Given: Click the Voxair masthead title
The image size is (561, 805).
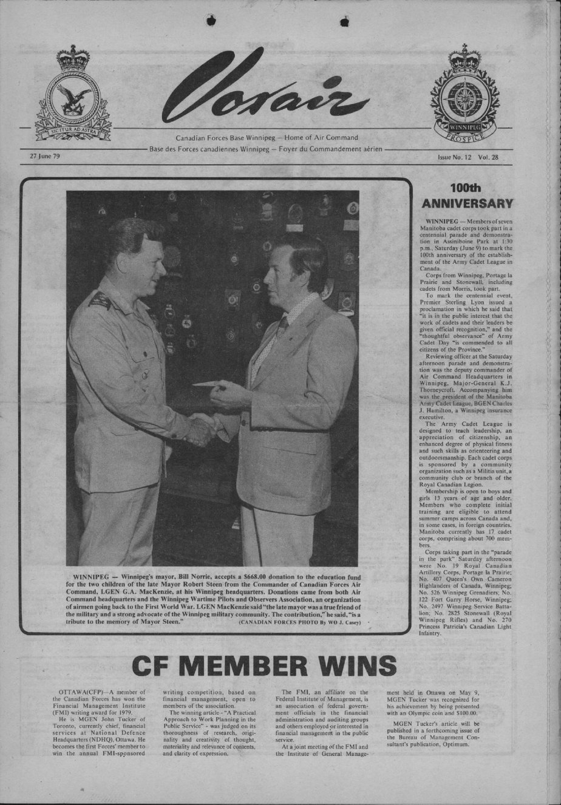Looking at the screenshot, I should (267, 91).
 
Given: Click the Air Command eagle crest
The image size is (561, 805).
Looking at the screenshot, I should (73, 97).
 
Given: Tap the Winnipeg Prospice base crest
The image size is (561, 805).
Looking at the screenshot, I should (464, 97).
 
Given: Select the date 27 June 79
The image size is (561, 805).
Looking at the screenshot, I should (45, 156).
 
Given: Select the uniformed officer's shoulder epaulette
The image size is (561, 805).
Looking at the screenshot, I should (98, 299).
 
